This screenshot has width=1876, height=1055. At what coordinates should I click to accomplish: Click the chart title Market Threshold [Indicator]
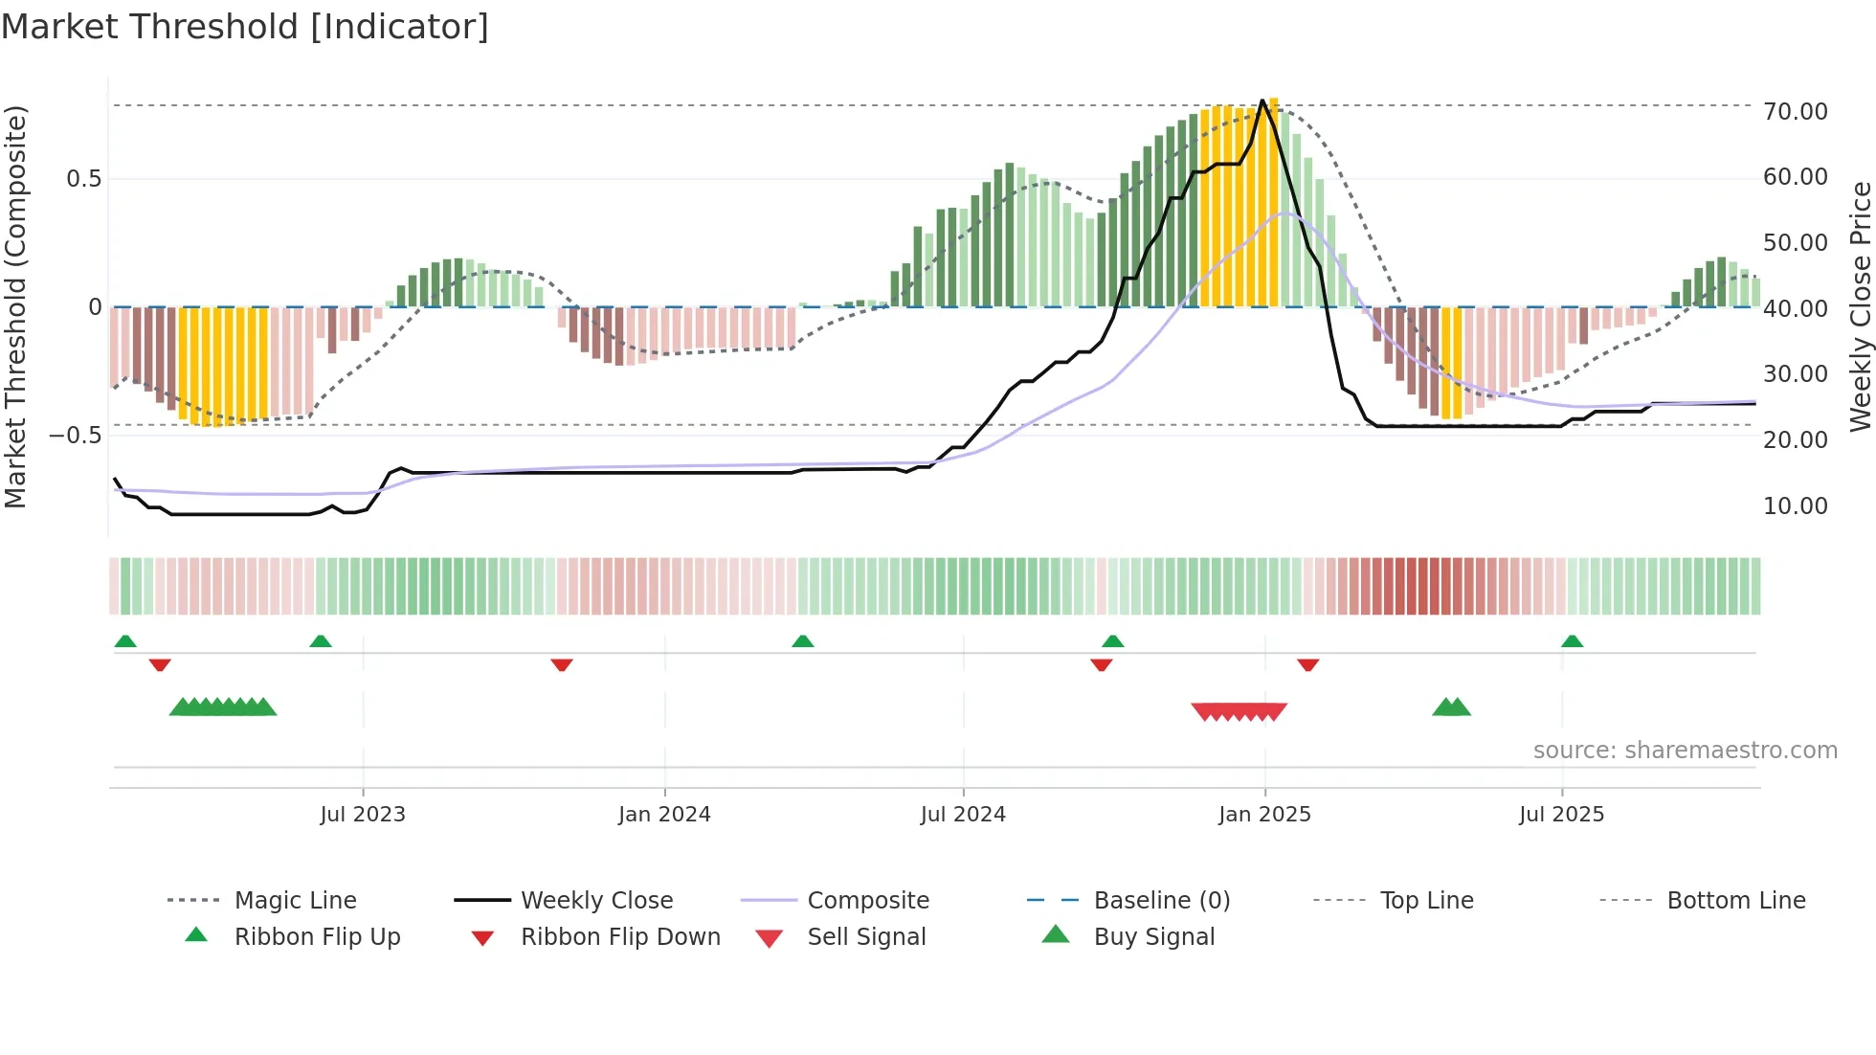245,27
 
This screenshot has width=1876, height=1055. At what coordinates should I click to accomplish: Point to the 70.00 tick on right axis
1795,112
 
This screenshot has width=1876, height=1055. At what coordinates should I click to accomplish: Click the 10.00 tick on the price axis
1795,506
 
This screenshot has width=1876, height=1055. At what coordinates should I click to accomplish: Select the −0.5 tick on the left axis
75,436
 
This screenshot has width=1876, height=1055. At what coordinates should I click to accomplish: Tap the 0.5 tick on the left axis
83,179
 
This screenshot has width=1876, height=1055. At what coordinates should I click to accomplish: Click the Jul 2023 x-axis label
363,815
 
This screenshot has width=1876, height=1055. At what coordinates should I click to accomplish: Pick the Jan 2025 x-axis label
1264,815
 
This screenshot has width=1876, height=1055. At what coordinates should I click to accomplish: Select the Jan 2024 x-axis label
664,815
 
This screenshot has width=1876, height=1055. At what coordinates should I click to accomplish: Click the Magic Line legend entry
295,901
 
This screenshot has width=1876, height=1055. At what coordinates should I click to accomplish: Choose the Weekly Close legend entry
596,901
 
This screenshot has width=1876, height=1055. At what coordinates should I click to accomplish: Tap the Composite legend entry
868,901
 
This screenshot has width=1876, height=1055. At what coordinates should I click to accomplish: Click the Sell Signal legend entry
866,937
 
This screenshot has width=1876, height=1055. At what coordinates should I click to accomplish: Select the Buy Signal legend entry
1153,937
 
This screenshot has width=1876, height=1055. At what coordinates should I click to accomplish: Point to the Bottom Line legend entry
1735,901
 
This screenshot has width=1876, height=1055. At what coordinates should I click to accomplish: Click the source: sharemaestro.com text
1685,751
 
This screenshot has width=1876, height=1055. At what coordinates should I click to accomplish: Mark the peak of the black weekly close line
1262,101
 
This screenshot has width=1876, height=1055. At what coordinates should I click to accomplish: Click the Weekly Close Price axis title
1860,306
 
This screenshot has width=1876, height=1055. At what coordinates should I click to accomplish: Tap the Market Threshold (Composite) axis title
15,306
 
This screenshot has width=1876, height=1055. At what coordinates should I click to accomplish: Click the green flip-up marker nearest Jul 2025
1572,641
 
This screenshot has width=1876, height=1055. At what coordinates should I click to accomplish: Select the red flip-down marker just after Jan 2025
1307,664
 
